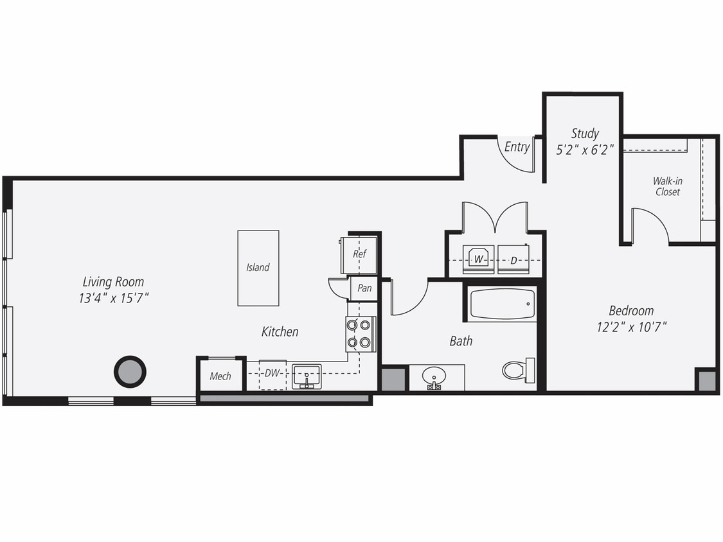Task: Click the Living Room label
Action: pyautogui.click(x=113, y=281)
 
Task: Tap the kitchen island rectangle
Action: pyautogui.click(x=258, y=268)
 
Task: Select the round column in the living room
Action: pyautogui.click(x=130, y=371)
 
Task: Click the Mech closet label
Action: pyautogui.click(x=220, y=376)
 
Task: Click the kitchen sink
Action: pyautogui.click(x=307, y=376)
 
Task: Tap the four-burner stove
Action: pyautogui.click(x=360, y=334)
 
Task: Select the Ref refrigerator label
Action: pyautogui.click(x=359, y=254)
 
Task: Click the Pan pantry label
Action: pyautogui.click(x=364, y=288)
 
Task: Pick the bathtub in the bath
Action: pyautogui.click(x=502, y=304)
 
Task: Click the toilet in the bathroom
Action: pyautogui.click(x=517, y=370)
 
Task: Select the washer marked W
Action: pyautogui.click(x=478, y=259)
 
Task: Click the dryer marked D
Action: pyautogui.click(x=513, y=260)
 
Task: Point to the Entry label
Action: pyautogui.click(x=517, y=147)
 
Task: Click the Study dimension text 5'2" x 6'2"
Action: pyautogui.click(x=585, y=150)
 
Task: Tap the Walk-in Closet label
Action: pyautogui.click(x=668, y=186)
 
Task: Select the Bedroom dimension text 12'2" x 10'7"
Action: pyautogui.click(x=631, y=327)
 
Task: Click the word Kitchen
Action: pyautogui.click(x=280, y=332)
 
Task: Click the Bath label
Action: pyautogui.click(x=461, y=341)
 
